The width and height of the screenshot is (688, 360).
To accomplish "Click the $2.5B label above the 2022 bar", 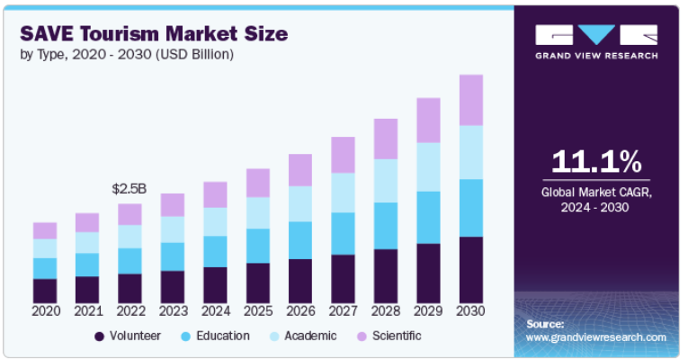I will click(x=130, y=189).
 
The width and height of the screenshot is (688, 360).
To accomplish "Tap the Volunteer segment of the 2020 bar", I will click(x=45, y=291).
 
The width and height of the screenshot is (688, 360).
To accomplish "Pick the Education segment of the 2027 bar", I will click(x=343, y=233).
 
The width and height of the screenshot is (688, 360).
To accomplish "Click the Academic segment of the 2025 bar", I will click(x=258, y=212).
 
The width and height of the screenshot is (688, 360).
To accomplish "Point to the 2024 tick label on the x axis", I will click(x=215, y=311).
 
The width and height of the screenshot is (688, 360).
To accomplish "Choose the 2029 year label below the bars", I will click(x=428, y=311).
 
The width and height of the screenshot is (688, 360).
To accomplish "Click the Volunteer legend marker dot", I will click(x=98, y=337).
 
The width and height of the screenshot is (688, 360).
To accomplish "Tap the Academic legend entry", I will click(x=305, y=336).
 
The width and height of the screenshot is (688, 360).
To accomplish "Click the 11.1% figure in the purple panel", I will click(x=597, y=162).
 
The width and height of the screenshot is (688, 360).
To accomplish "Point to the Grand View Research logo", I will click(x=596, y=41).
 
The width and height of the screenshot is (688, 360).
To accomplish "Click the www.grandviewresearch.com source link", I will click(x=595, y=337).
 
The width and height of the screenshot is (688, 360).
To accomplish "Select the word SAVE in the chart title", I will click(x=46, y=33).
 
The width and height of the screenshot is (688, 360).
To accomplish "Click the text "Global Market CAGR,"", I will click(x=597, y=193).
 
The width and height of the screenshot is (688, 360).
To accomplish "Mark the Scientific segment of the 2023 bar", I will click(x=173, y=204).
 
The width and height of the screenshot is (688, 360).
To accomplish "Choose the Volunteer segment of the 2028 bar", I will click(x=386, y=275).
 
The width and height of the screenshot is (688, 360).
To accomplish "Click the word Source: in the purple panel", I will click(x=545, y=322).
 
